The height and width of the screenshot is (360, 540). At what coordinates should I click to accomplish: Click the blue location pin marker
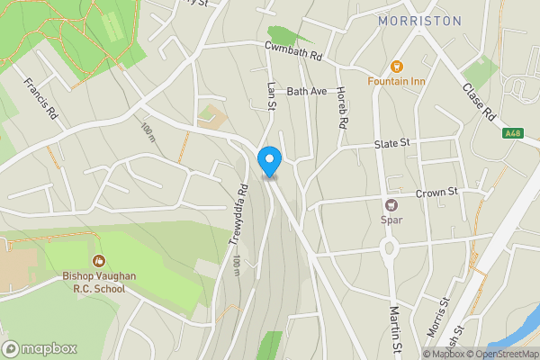[x=269, y=160]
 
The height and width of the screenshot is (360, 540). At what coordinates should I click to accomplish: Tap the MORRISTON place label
[x=419, y=21]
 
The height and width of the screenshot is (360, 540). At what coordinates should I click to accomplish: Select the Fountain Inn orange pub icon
[x=396, y=66]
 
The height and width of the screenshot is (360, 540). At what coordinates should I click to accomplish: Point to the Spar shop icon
[x=391, y=204]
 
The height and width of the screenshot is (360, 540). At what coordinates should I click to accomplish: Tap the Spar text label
[x=391, y=220]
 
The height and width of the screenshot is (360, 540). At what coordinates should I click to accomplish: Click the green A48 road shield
[x=513, y=133]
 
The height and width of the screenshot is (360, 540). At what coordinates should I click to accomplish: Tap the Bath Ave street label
[x=306, y=92]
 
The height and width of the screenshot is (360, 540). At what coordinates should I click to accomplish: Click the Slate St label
[x=391, y=143]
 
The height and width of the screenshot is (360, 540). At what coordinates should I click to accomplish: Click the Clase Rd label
[x=479, y=103]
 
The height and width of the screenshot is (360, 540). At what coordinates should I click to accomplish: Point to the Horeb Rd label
[x=340, y=107]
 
